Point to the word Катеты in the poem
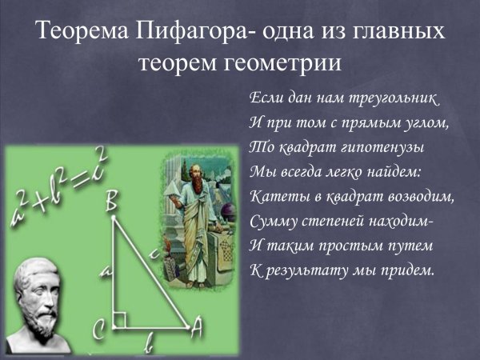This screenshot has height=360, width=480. pos(275,196)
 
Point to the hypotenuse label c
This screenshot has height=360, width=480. pos(153,255)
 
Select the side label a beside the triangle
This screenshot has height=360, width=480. pos(104,272)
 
